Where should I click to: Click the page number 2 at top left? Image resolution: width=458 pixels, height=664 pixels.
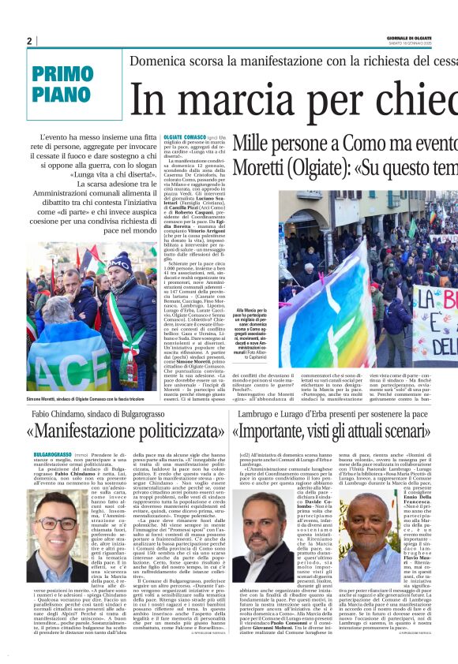pyautogui.click(x=29, y=41)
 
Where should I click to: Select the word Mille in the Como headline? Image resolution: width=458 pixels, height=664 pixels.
pyautogui.click(x=251, y=144)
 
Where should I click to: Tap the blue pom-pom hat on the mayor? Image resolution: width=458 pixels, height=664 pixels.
pyautogui.click(x=120, y=261)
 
